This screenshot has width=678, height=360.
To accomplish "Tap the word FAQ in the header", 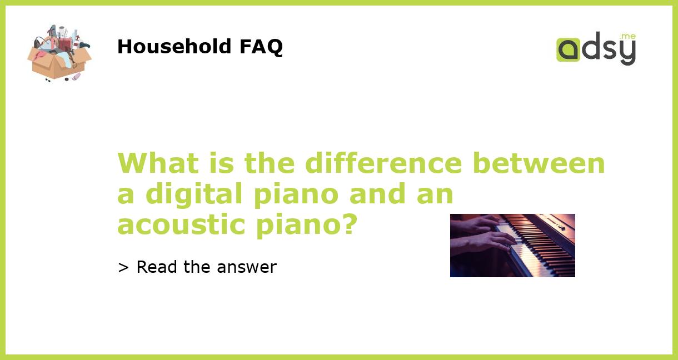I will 261,47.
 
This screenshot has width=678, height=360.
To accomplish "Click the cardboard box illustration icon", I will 59,53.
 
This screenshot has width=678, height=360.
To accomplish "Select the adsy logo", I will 596,49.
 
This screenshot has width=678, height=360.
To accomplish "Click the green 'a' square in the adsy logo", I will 568,49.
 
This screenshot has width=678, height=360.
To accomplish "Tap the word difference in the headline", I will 383,163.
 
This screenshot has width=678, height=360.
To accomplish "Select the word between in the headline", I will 539,163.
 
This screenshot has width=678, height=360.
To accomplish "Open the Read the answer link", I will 197,267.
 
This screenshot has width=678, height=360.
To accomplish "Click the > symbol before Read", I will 123,268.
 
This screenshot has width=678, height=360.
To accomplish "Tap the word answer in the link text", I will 247,268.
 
